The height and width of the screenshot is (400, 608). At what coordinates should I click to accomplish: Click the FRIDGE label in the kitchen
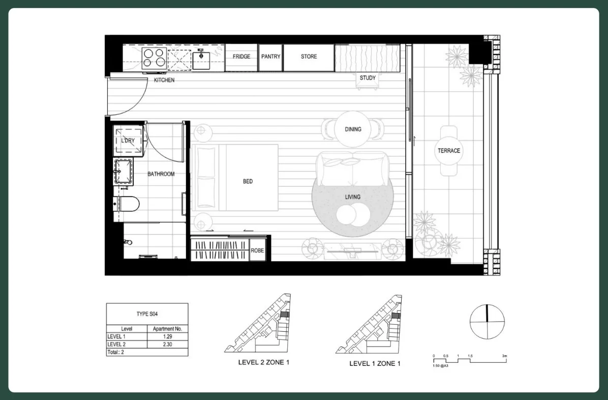tap(241, 56)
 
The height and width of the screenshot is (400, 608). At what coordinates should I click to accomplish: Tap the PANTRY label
tap(270, 56)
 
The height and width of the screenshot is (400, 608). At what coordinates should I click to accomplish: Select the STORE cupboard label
tap(309, 56)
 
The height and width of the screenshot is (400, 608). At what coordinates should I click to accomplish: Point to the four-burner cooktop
tap(154, 58)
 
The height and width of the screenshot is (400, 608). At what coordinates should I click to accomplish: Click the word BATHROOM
tap(161, 174)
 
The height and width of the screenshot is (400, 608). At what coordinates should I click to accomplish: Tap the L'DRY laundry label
tap(128, 141)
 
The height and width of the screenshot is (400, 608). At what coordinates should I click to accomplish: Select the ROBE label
tap(257, 251)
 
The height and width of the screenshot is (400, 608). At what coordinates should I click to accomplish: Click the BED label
tap(248, 181)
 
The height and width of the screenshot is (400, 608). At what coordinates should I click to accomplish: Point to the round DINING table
tap(353, 129)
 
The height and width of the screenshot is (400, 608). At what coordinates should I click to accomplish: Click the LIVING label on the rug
tap(352, 197)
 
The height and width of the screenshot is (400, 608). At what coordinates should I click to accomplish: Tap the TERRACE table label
tap(449, 151)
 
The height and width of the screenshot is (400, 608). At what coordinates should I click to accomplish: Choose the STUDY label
tap(368, 78)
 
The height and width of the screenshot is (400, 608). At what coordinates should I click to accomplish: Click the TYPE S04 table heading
tap(147, 314)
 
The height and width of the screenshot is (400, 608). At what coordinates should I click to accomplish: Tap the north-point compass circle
tap(487, 322)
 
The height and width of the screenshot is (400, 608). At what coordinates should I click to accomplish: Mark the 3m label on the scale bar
tap(504, 356)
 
